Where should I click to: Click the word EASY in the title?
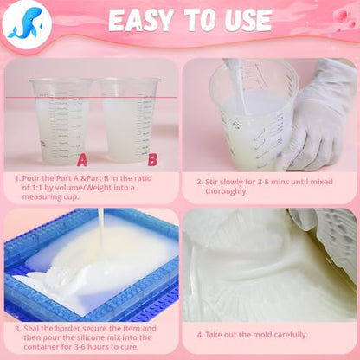point(141,21)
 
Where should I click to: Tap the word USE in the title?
point(247,20)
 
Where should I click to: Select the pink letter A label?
point(82,160)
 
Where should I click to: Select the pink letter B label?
point(152,160)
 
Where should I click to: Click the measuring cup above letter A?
point(61,120)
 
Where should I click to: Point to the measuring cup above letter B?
point(129,119)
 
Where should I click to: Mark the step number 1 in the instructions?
point(16,178)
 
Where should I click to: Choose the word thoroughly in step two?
point(226,191)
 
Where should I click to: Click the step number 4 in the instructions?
point(200,335)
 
